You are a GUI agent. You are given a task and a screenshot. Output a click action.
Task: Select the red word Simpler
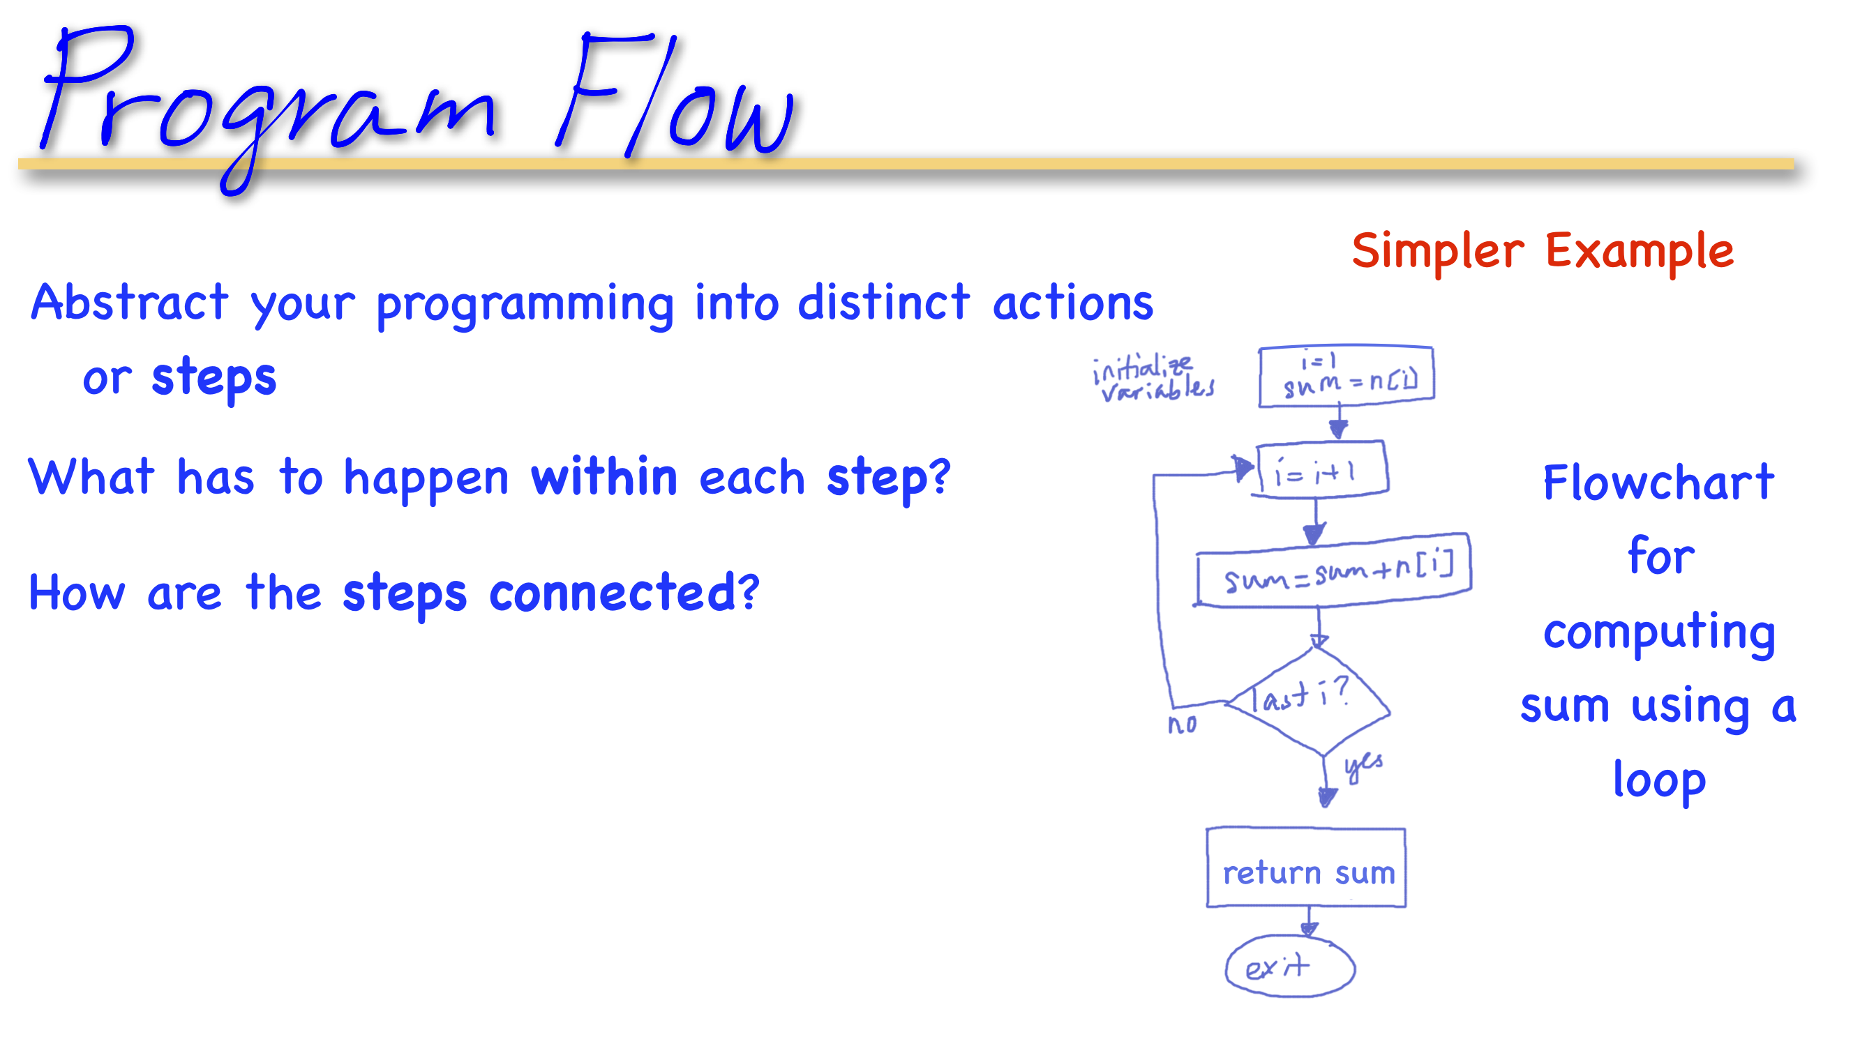[1437, 251]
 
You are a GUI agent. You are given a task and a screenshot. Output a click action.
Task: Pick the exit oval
[1289, 967]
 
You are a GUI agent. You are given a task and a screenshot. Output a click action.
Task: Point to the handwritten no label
[1182, 724]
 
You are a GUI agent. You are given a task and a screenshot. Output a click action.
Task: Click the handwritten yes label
[1363, 765]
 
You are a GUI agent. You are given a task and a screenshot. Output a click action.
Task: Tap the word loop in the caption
[1659, 780]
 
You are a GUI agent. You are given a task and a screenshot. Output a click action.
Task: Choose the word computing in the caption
[1659, 632]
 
